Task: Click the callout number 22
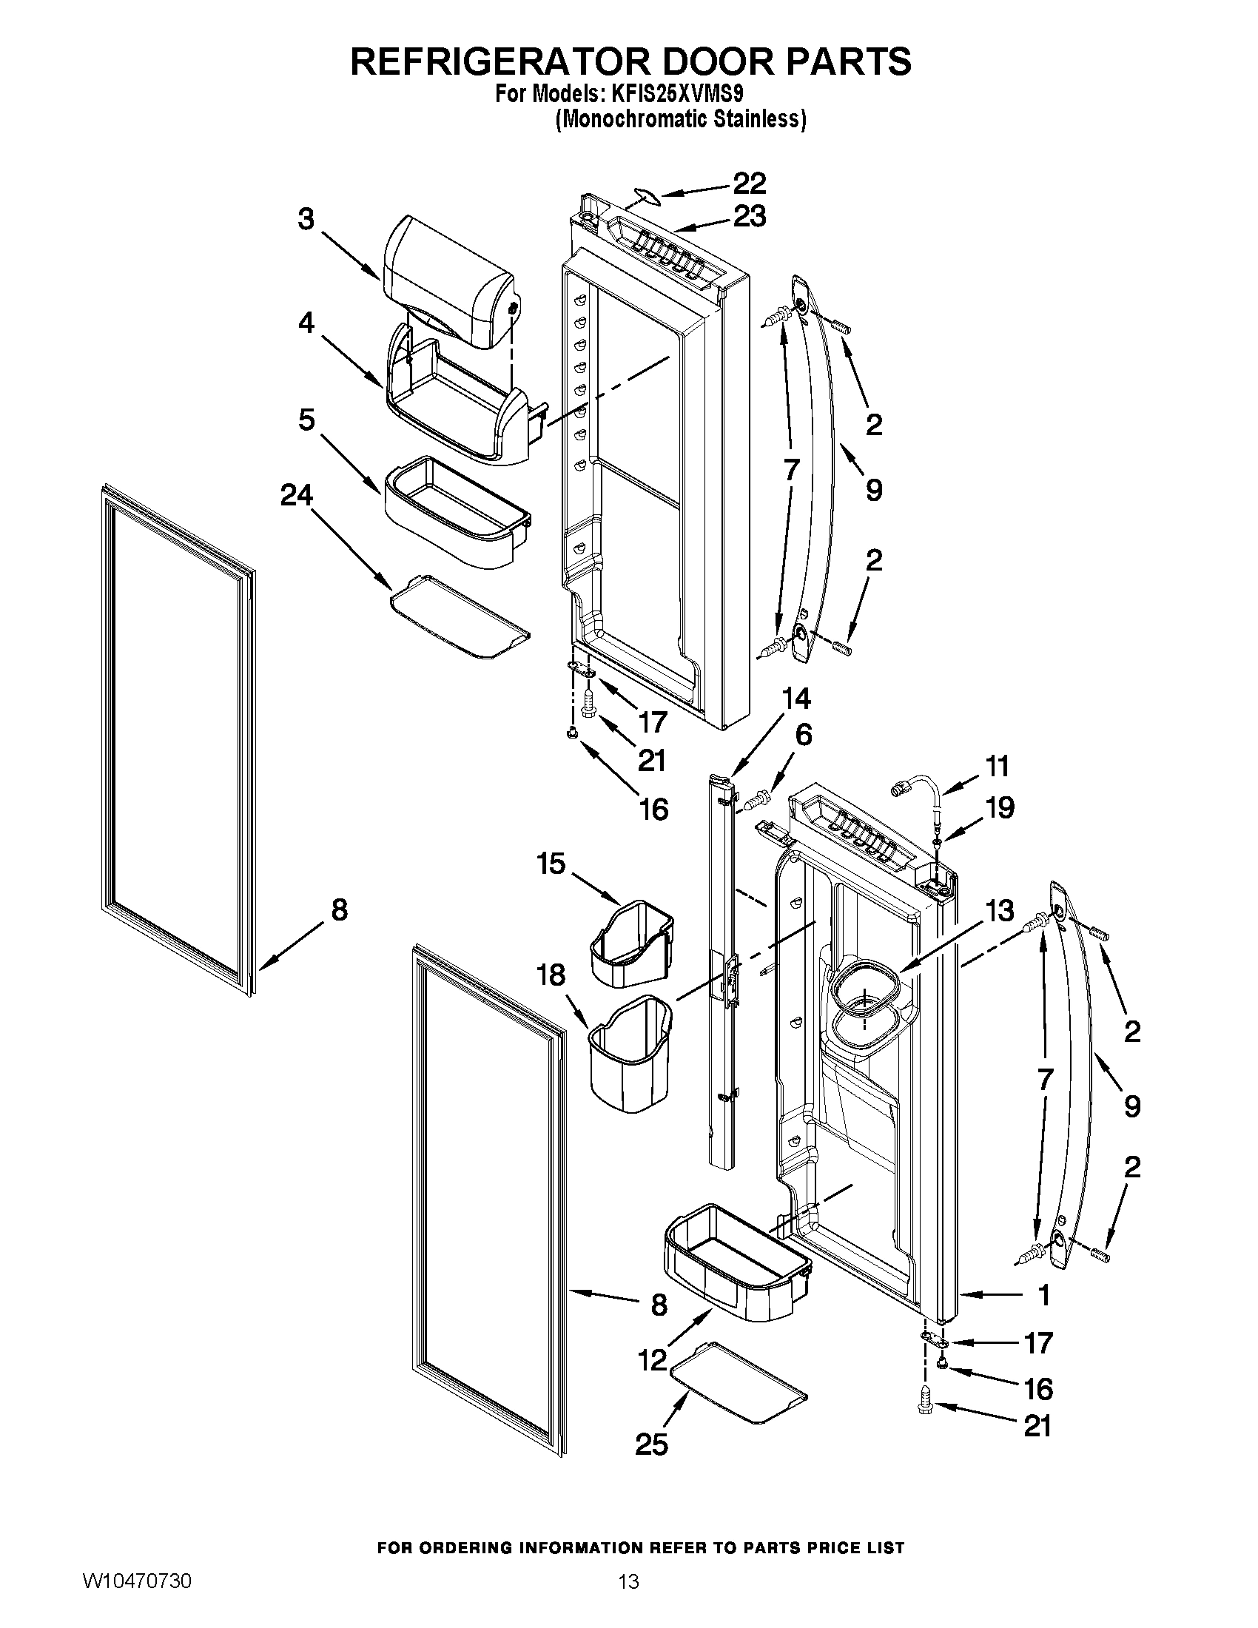[x=749, y=184]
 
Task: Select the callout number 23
[x=749, y=217]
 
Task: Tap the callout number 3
[x=306, y=220]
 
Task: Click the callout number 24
[x=296, y=495]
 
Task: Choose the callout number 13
[x=1000, y=910]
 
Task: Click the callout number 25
[x=651, y=1444]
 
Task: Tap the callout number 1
[x=1044, y=1295]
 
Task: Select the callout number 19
[x=1000, y=807]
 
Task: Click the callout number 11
[x=997, y=767]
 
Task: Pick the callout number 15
[x=551, y=864]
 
